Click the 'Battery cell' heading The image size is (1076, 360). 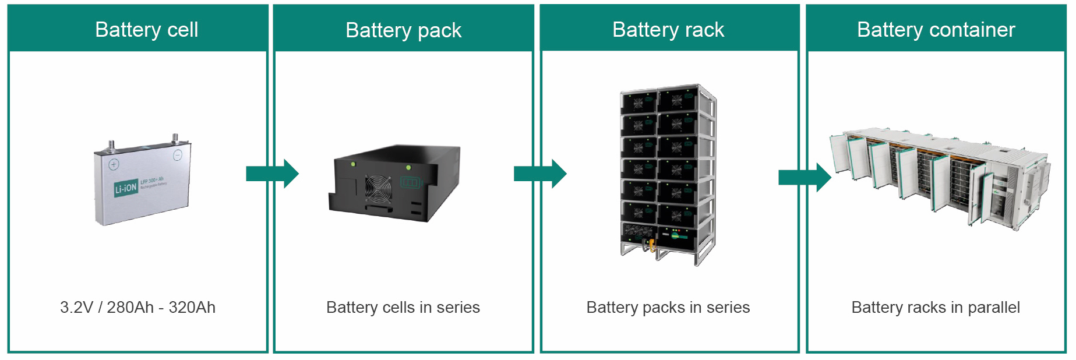coord(146,30)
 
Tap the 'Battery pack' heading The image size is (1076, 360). coord(403,30)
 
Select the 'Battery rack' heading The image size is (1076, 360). coord(668,30)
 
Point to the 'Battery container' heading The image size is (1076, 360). coord(936,30)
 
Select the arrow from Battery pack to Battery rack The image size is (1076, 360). coord(539,174)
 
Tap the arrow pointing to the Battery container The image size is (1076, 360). coord(805,177)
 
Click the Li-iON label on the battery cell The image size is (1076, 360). coord(126,188)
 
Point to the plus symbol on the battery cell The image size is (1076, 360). coord(114,164)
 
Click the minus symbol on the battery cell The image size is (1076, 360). coord(177,155)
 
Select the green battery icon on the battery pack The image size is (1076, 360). coord(410,183)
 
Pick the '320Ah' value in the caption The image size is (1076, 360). coord(192,308)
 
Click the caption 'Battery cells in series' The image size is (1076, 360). coord(403,308)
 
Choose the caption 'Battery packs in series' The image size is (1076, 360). coord(668,308)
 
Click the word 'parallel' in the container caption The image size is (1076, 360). coord(993,308)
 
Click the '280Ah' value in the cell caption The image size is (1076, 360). coord(130,308)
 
